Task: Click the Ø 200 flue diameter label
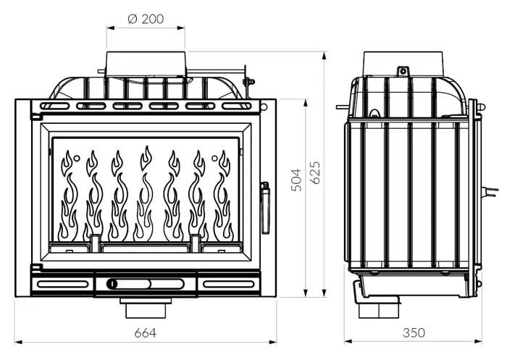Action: pos(146,19)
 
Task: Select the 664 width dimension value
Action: pos(145,332)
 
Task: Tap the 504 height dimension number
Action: pos(296,180)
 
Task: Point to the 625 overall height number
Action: pos(315,172)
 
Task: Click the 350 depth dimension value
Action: pos(414,332)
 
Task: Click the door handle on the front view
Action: pos(265,207)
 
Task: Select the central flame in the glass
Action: pos(144,193)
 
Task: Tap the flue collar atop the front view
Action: pos(146,64)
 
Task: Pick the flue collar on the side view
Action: pos(403,64)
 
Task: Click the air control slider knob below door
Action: pos(112,284)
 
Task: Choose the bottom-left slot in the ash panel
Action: pos(63,285)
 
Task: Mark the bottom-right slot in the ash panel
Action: pos(229,285)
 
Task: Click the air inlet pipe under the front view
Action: pos(146,308)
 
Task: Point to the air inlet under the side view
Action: pos(378,307)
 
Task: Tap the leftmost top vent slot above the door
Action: pos(54,106)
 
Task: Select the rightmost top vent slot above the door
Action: pos(237,106)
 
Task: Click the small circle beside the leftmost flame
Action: pos(77,158)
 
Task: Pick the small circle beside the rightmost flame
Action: pos(214,158)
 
